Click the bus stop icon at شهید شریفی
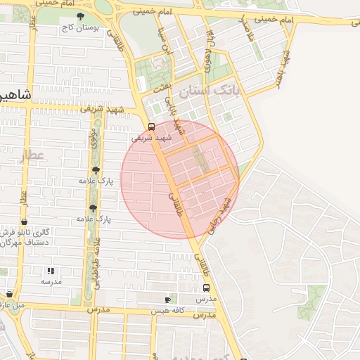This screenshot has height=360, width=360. pyautogui.click(x=151, y=127)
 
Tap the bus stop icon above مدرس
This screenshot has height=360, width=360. pyautogui.click(x=206, y=288)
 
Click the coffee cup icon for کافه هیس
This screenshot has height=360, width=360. pyautogui.click(x=167, y=299)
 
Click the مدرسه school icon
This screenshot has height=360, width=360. pyautogui.click(x=50, y=271)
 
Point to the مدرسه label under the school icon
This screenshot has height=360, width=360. pyautogui.click(x=50, y=282)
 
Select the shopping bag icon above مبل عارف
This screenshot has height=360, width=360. pyautogui.click(x=8, y=294)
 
